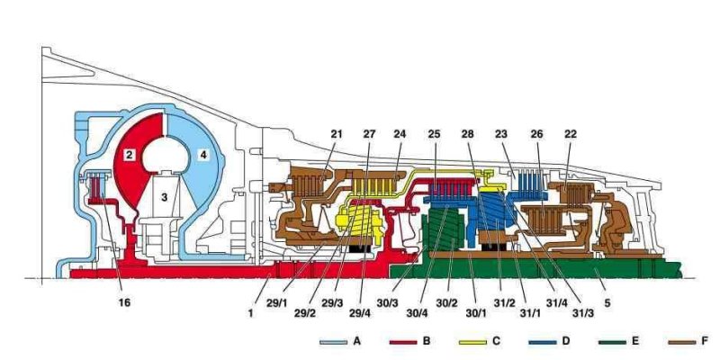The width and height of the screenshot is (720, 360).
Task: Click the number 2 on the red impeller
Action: (x=130, y=155)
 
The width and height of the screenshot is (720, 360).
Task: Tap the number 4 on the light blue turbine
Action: (x=203, y=155)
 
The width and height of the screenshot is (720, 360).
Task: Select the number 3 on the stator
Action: (x=165, y=194)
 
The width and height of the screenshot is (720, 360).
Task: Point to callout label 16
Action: (x=124, y=302)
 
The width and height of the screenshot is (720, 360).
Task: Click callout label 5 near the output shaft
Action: (x=607, y=302)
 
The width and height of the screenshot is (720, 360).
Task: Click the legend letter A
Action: (x=358, y=343)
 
